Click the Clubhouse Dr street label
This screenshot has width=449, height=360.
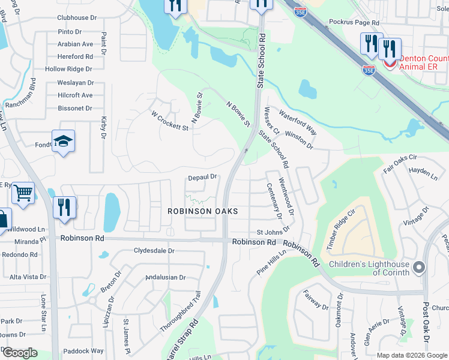77,18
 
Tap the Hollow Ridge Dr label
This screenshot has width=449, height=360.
68,69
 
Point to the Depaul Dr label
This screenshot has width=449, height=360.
202,177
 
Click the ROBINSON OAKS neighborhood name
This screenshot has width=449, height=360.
202,211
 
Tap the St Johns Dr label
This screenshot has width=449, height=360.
273,232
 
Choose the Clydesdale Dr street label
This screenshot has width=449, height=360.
154,251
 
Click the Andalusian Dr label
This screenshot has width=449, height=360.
166,277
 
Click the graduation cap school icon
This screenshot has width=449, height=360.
63,141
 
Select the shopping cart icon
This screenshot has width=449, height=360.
23,193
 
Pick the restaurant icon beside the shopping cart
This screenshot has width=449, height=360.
64,207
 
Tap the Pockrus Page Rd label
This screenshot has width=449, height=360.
354,22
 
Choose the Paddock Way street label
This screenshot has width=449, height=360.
83,351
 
